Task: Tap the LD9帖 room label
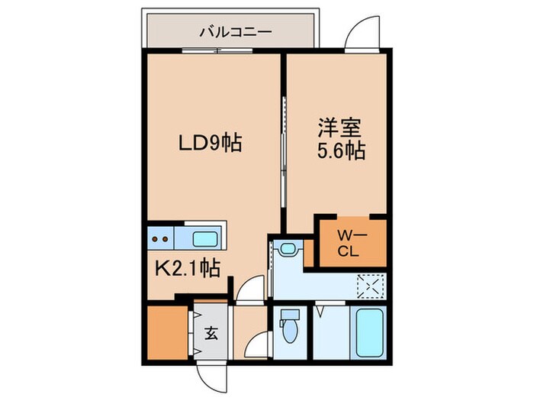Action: click(x=210, y=142)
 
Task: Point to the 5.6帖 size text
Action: click(x=340, y=151)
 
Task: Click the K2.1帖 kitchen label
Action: click(x=190, y=268)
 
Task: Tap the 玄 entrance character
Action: click(x=209, y=333)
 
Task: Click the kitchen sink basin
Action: click(x=204, y=239)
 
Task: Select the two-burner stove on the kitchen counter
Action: click(x=161, y=239)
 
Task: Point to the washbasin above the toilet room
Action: click(x=288, y=249)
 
